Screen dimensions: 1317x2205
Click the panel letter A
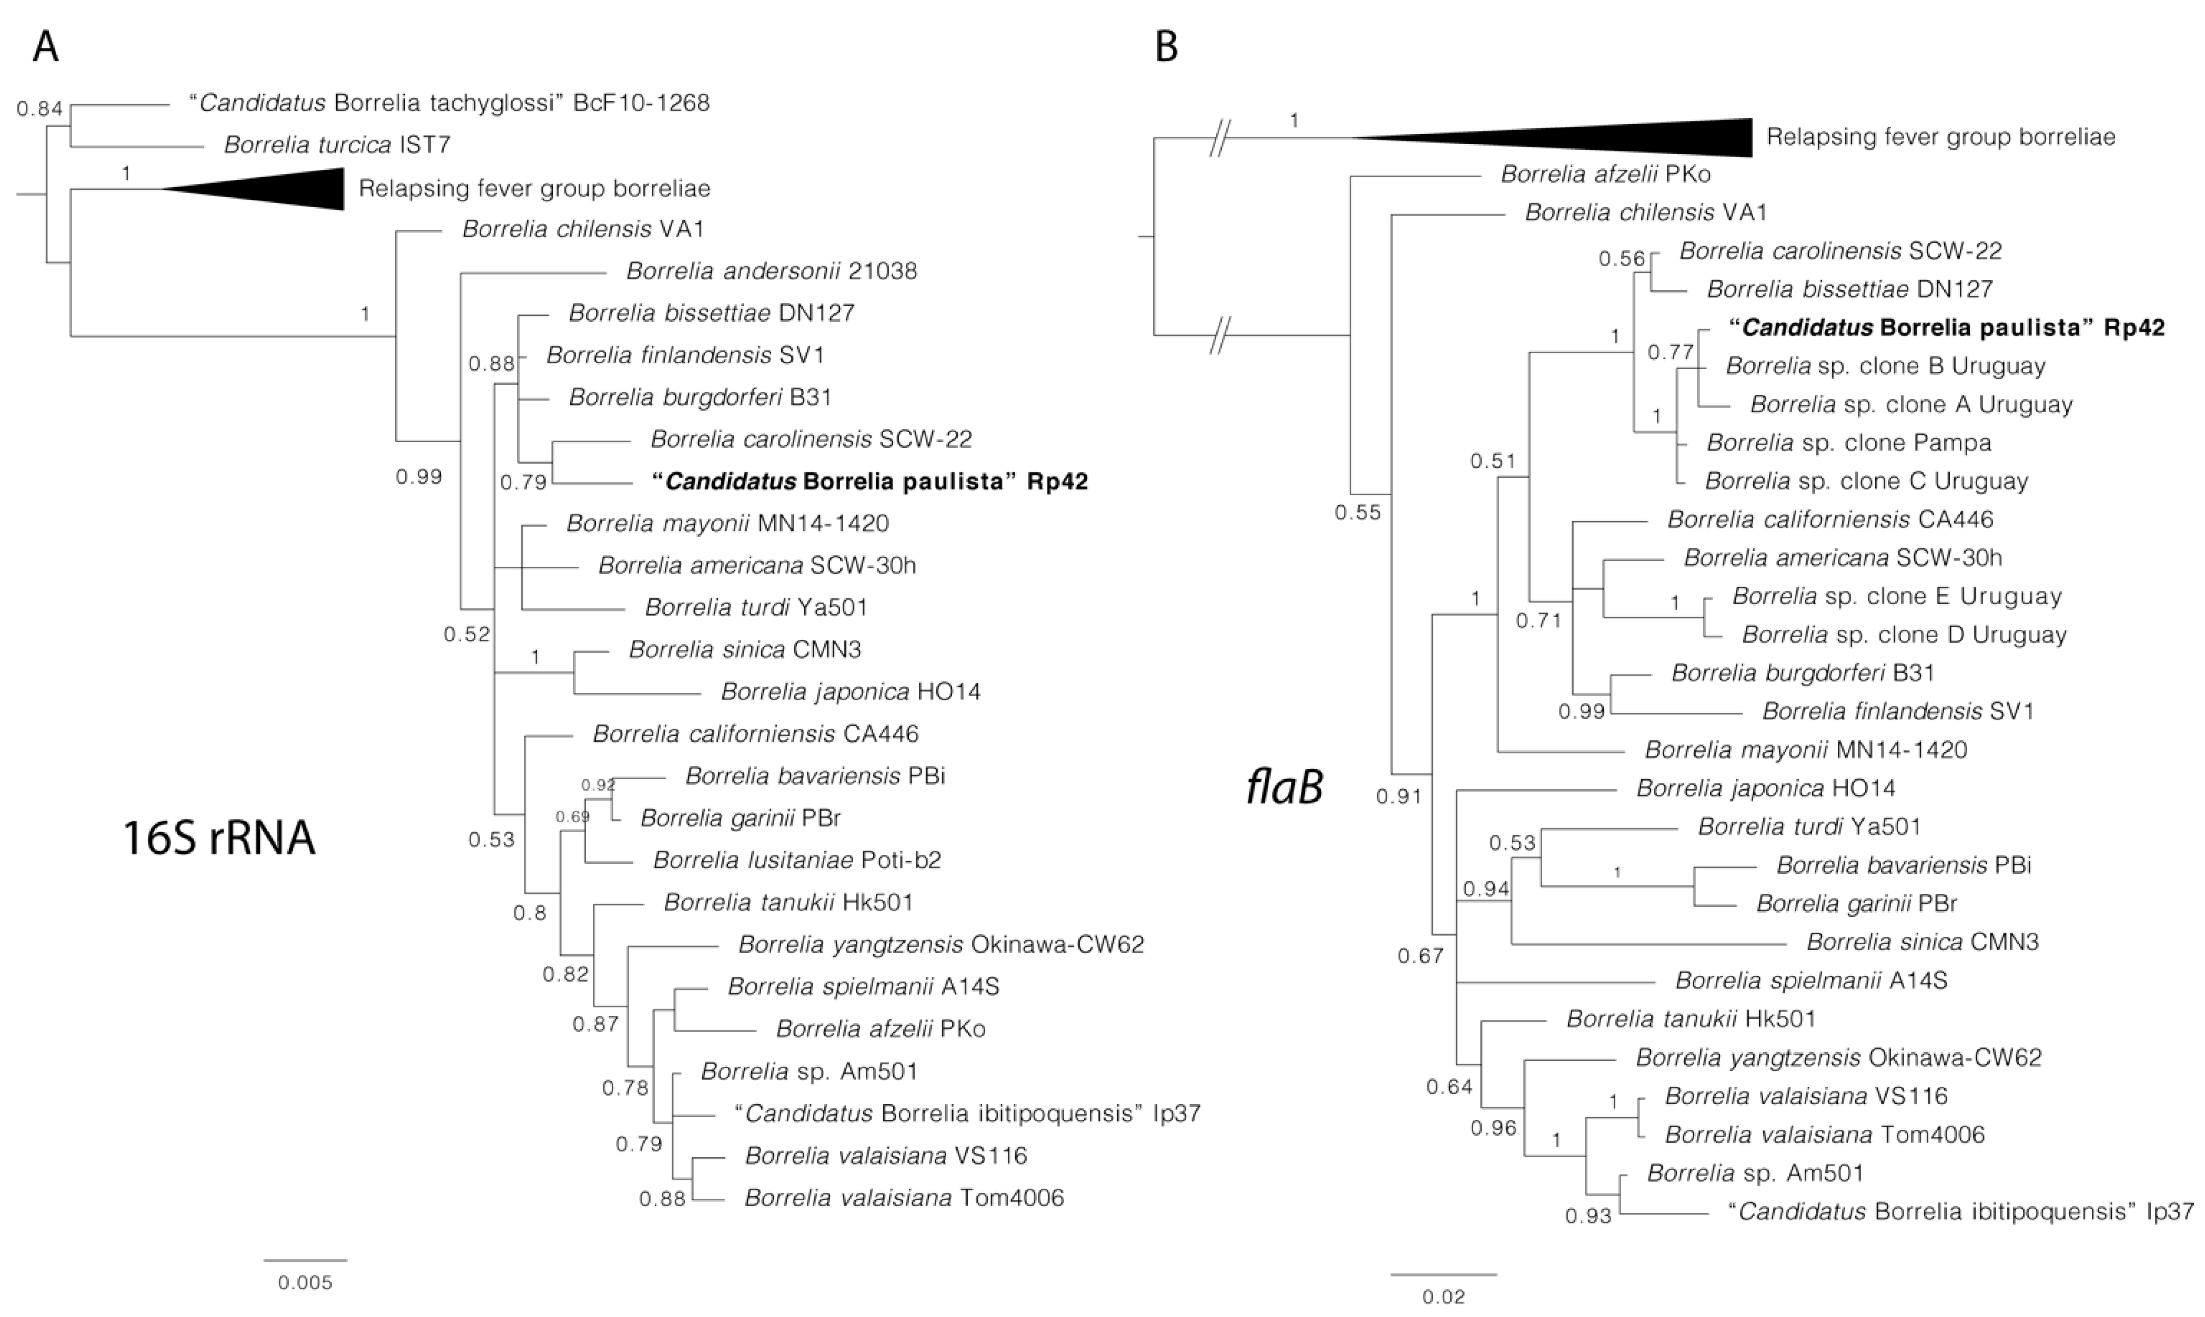tap(45, 47)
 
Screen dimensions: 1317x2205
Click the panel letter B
tap(1167, 47)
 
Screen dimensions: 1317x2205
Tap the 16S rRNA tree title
tap(218, 838)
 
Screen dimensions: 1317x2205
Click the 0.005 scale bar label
tap(305, 1282)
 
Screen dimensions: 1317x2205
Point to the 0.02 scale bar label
tap(1443, 1296)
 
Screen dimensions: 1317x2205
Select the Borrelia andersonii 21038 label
tap(772, 271)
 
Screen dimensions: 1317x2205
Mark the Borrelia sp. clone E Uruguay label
tap(1896, 596)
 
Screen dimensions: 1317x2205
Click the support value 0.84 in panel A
tap(40, 108)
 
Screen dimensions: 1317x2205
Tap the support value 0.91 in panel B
tap(1399, 796)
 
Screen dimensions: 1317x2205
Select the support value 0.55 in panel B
tap(1358, 512)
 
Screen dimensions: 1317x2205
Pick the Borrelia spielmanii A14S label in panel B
tap(1811, 981)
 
